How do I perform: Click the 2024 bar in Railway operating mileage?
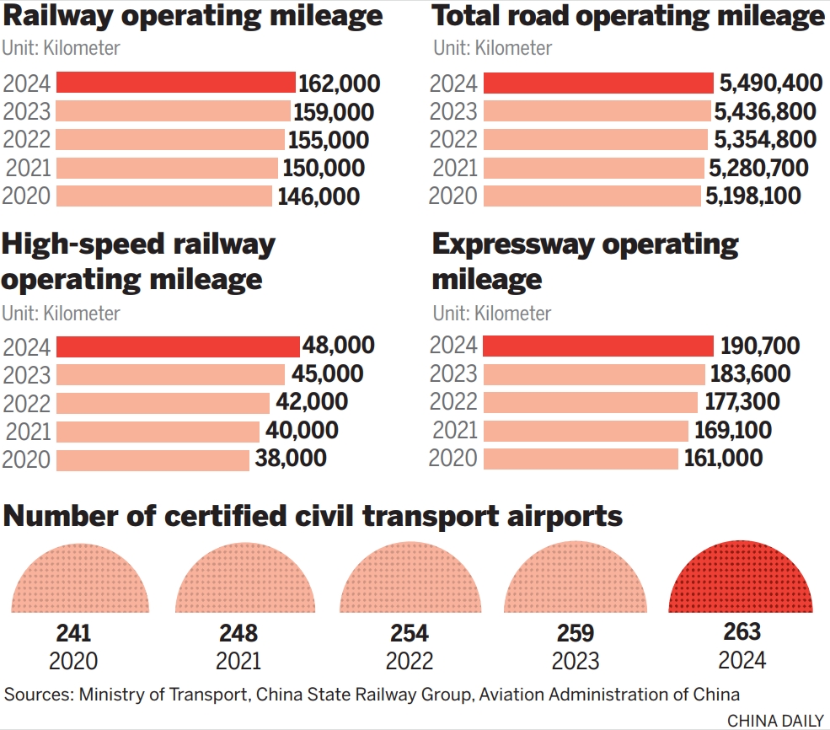point(175,83)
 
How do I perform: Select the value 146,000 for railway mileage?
point(319,197)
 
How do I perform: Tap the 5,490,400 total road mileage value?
point(770,83)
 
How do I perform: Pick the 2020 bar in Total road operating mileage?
point(592,196)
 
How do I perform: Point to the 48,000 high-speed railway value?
point(339,346)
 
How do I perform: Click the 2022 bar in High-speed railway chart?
point(163,403)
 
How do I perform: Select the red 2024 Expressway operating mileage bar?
point(598,346)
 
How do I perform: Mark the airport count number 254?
point(410,633)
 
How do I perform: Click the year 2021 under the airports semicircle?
point(238,661)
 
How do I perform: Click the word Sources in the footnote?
point(38,695)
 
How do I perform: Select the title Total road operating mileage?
point(629,16)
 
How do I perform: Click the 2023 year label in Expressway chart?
point(453,374)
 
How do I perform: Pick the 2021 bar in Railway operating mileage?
point(167,168)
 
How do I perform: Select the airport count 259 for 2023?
point(576,633)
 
